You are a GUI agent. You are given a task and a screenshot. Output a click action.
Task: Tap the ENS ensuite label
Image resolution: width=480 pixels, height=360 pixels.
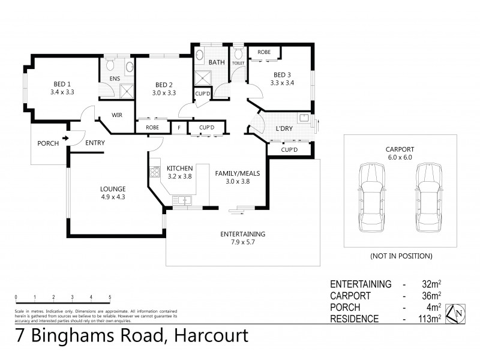115,78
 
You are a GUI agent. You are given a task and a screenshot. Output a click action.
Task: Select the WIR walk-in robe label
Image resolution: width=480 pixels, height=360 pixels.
118,115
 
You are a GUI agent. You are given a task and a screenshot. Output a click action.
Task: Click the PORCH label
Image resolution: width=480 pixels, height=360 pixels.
48,143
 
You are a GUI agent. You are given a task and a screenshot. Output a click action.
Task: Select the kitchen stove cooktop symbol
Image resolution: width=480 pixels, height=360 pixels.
153,169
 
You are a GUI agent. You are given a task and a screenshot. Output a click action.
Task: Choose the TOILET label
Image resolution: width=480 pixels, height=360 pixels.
238,62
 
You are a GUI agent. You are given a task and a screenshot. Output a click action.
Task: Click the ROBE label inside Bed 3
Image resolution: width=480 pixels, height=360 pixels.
264,52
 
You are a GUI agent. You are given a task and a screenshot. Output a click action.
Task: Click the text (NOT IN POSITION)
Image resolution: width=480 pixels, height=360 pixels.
401,256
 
